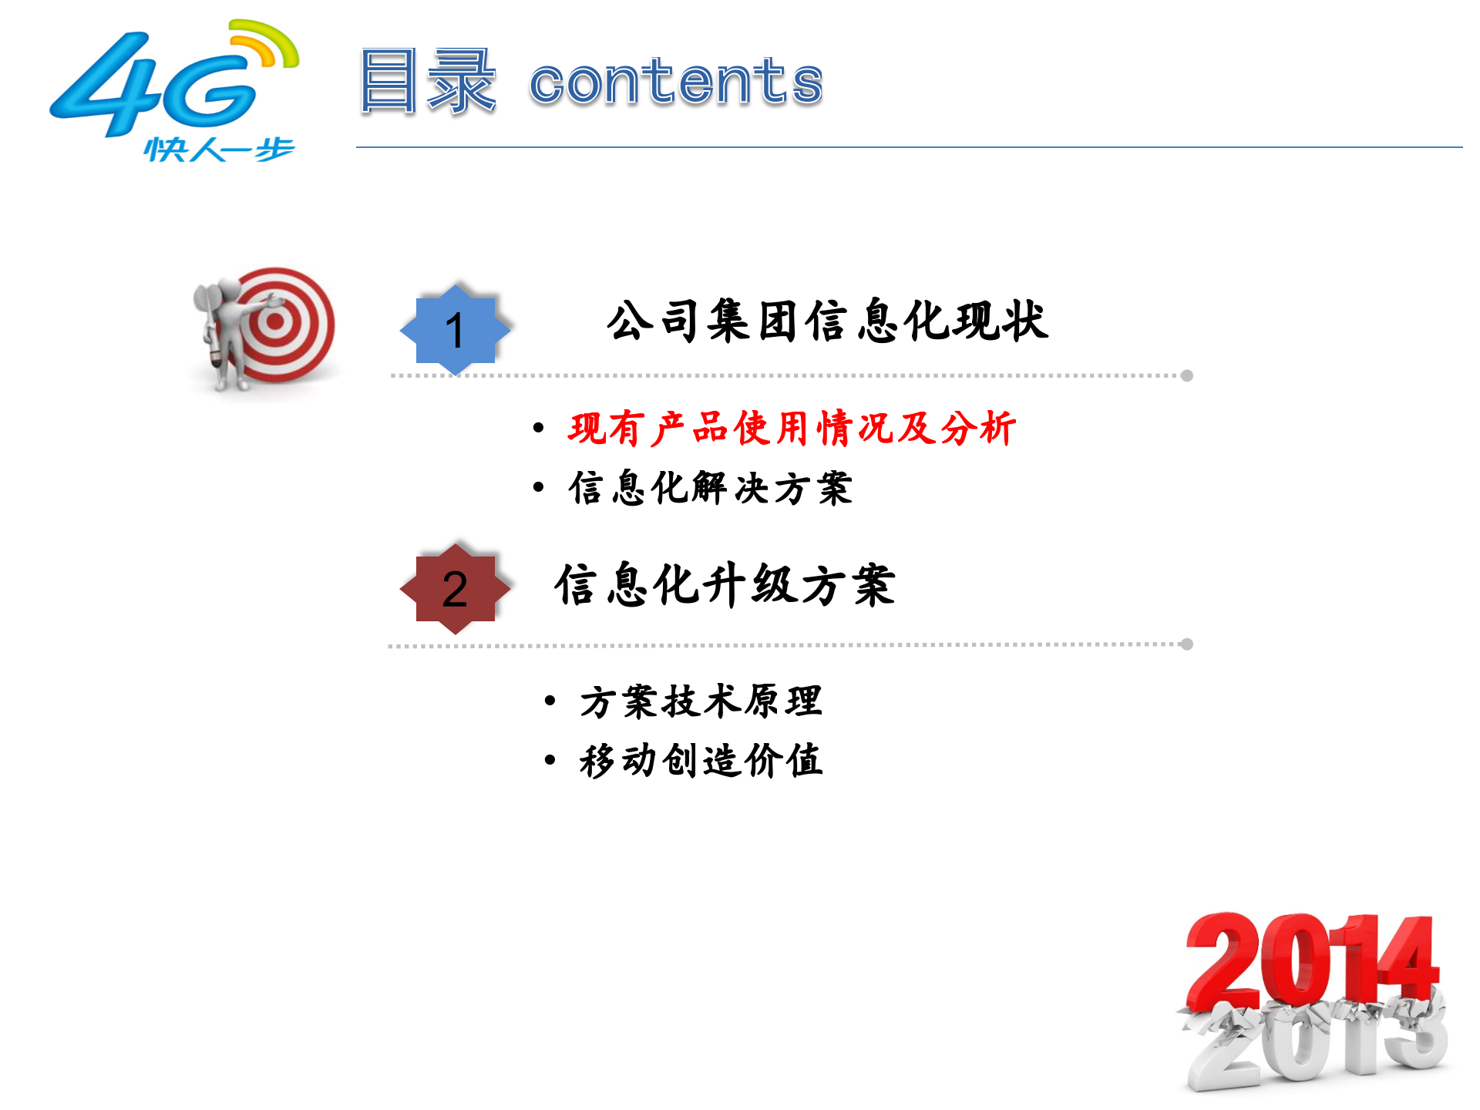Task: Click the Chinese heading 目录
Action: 426,81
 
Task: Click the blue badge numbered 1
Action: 455,330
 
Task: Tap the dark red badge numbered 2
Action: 455,589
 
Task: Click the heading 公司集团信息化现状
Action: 827,321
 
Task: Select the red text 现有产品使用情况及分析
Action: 792,429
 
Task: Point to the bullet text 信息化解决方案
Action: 710,488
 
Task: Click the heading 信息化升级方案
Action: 725,585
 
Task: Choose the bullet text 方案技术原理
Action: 701,701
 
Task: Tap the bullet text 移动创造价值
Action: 701,761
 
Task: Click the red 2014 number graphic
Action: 1310,960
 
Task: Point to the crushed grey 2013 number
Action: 1314,1044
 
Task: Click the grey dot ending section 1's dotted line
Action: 1187,375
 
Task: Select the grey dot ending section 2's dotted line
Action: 1187,644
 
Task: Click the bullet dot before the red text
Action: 539,428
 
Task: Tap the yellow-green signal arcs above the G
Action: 266,42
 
